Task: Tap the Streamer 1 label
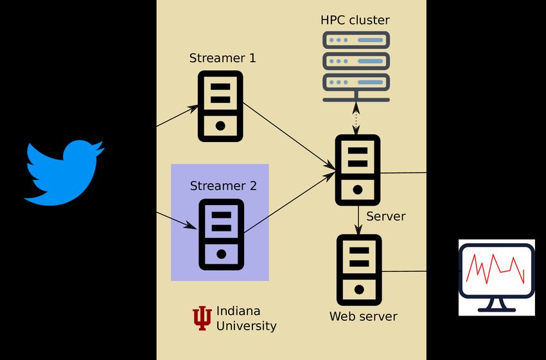[x=222, y=58]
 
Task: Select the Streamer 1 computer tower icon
[x=220, y=105]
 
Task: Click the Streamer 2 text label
[x=223, y=186]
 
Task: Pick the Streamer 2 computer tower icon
[x=221, y=234]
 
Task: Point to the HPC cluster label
[x=355, y=20]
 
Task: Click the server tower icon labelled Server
[x=358, y=170]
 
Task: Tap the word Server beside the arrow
[x=385, y=216]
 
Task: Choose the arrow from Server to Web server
[x=358, y=219]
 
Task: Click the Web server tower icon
[x=358, y=269]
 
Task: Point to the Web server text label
[x=363, y=316]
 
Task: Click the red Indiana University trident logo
[x=202, y=318]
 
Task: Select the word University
[x=246, y=326]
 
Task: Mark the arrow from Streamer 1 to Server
[x=289, y=136]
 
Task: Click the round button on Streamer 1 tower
[x=220, y=125]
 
